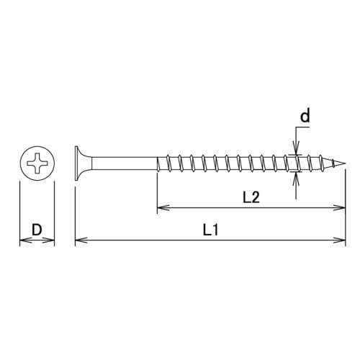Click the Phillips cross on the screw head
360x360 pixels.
pos(37,165)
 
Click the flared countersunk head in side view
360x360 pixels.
pos(81,165)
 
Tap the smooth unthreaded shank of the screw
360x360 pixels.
pos(122,165)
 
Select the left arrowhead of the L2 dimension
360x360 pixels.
pos(160,209)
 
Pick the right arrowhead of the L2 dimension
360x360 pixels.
pos(341,209)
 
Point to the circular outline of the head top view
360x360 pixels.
pos(37,148)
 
